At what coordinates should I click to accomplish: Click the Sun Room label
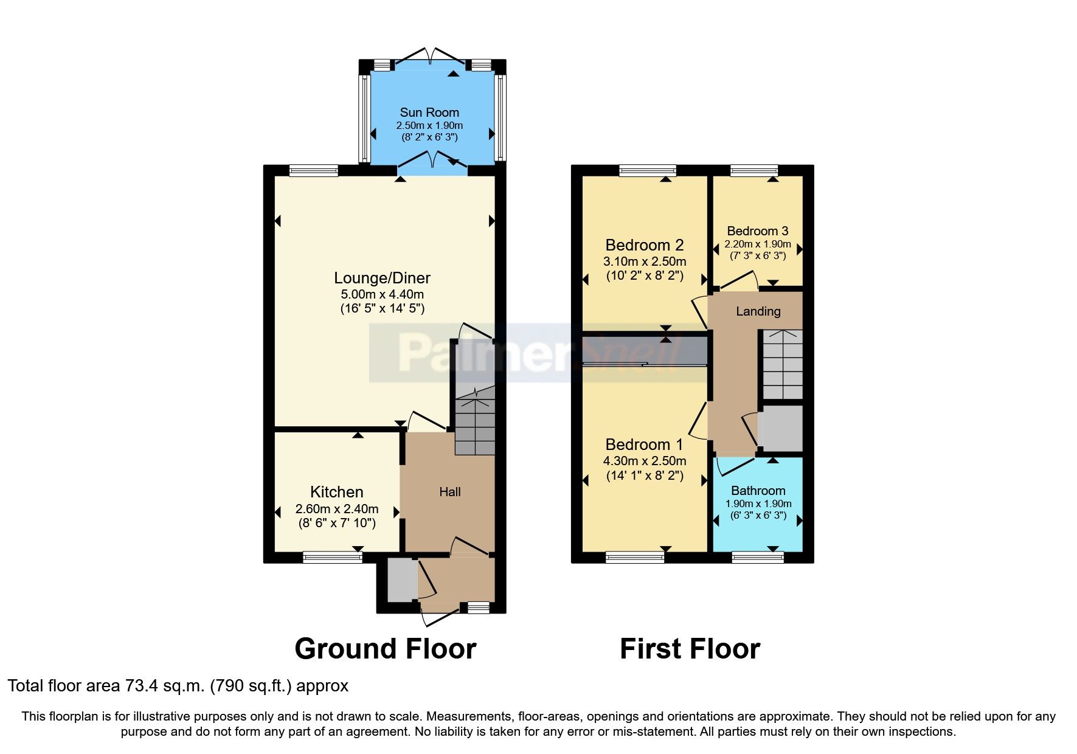click(429, 112)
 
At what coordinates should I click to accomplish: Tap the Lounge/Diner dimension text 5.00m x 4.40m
click(382, 294)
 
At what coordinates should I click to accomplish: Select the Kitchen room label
click(336, 492)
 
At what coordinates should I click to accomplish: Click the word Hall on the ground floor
click(450, 492)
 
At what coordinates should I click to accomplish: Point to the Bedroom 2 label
click(644, 245)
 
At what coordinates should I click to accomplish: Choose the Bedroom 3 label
click(757, 231)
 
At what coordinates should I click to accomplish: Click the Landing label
click(758, 311)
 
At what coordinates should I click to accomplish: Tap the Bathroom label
click(758, 491)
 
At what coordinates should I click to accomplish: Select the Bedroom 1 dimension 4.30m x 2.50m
click(644, 461)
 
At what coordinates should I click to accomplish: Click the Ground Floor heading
click(385, 649)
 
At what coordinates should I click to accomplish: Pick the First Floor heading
click(690, 649)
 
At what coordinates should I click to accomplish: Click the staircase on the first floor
click(783, 365)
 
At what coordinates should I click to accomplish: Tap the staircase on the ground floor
click(475, 423)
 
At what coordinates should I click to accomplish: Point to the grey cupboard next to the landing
click(781, 429)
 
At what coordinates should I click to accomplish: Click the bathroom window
click(758, 556)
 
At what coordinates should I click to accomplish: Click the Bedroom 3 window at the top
click(754, 170)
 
